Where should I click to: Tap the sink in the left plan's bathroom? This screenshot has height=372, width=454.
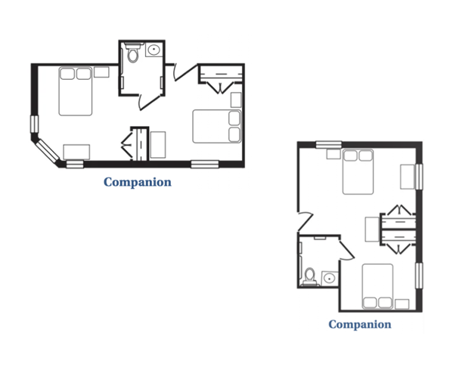click(154, 50)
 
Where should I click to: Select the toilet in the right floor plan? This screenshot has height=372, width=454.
click(310, 276)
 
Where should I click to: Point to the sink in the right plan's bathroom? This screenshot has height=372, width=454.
click(329, 279)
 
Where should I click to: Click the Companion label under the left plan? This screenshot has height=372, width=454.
click(138, 182)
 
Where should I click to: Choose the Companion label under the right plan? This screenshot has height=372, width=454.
click(359, 324)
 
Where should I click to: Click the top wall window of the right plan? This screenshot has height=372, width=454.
click(329, 144)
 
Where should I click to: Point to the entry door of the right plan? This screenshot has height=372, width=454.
click(306, 221)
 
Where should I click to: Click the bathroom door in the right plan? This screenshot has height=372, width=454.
click(346, 248)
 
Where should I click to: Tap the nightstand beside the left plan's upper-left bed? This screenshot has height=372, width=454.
click(101, 72)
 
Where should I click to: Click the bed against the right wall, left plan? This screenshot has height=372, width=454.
click(217, 127)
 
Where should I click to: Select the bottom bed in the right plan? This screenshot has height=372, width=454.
click(378, 286)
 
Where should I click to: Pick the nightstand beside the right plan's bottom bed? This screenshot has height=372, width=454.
click(402, 304)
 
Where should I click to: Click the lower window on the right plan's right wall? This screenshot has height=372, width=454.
click(419, 276)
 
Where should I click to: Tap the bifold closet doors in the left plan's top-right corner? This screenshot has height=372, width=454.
click(220, 88)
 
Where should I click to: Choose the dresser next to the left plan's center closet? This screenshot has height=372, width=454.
click(158, 145)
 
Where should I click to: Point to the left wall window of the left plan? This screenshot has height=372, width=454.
click(34, 124)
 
